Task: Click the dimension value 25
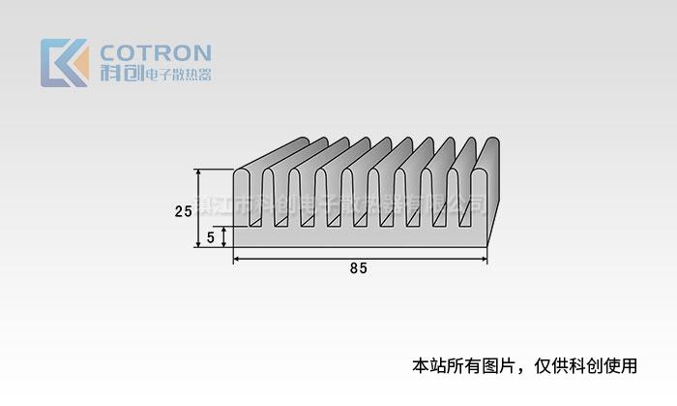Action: pyautogui.click(x=183, y=210)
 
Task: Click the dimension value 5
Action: pyautogui.click(x=211, y=236)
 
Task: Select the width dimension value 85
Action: pyautogui.click(x=359, y=269)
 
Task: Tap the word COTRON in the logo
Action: pyautogui.click(x=155, y=52)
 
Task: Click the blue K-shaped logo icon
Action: pyautogui.click(x=58, y=63)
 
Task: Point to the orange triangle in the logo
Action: pyautogui.click(x=80, y=68)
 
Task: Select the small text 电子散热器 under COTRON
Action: pyautogui.click(x=177, y=75)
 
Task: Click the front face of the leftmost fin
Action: pyautogui.click(x=242, y=199)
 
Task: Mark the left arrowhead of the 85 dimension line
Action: pyautogui.click(x=238, y=259)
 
